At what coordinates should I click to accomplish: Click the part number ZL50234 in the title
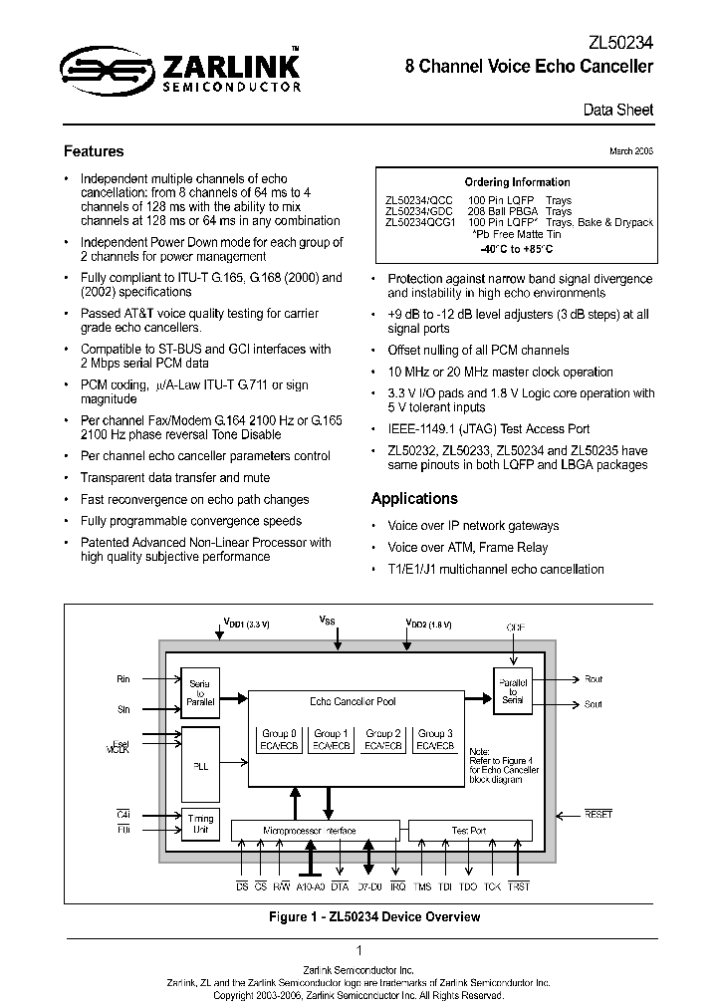[621, 43]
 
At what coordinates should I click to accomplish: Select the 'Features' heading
[94, 151]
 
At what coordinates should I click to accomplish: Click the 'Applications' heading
[414, 498]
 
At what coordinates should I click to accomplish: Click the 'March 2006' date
[631, 150]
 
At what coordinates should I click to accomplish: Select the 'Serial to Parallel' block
[198, 692]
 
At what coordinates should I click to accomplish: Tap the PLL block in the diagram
[198, 765]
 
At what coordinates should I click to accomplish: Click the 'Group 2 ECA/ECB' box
[383, 739]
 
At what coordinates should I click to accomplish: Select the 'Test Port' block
[469, 830]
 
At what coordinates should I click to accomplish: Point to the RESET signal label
[598, 815]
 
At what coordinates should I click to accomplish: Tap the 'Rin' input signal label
[123, 679]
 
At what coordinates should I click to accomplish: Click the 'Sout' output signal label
[593, 704]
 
